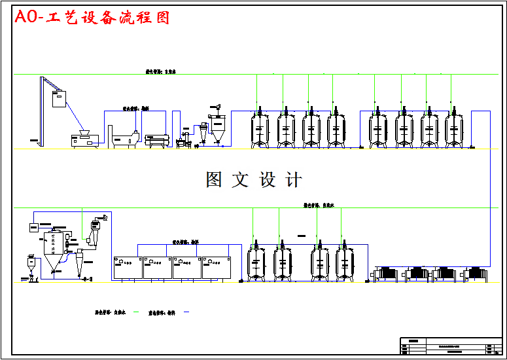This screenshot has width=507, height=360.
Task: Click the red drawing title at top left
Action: click(92, 18)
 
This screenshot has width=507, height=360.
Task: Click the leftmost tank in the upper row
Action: click(260, 127)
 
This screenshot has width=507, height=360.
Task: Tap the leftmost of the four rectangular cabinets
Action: click(128, 267)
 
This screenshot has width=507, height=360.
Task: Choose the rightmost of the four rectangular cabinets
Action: click(216, 267)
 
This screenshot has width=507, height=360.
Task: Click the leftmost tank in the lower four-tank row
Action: click(256, 263)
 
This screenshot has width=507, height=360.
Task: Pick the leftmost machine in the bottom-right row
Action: click(386, 274)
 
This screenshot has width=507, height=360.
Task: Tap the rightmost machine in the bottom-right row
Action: click(474, 274)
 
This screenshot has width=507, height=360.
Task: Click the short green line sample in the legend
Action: click(136, 312)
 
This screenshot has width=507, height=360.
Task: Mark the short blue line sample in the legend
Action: click(186, 312)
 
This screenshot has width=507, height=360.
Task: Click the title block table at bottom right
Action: click(450, 345)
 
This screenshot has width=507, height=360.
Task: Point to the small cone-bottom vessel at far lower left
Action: click(30, 266)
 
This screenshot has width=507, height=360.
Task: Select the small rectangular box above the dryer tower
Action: click(34, 226)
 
